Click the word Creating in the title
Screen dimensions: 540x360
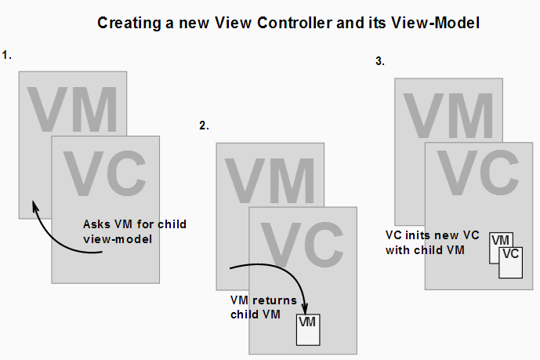[x=129, y=24]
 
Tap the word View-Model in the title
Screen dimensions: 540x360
[x=435, y=23]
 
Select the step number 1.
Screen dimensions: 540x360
[x=6, y=55]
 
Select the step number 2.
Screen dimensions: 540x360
[x=204, y=125]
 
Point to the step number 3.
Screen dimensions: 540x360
[x=380, y=61]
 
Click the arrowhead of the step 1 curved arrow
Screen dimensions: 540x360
[x=34, y=205]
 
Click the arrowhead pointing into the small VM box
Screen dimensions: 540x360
[x=304, y=309]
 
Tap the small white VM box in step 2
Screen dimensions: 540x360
[x=308, y=329]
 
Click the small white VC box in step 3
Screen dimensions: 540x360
[x=511, y=263]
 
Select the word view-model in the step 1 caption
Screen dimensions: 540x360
[x=118, y=239]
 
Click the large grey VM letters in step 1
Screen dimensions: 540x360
[x=73, y=109]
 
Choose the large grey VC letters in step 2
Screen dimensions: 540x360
[x=302, y=244]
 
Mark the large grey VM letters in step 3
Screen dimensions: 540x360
[x=448, y=115]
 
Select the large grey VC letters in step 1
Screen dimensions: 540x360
[x=105, y=173]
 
